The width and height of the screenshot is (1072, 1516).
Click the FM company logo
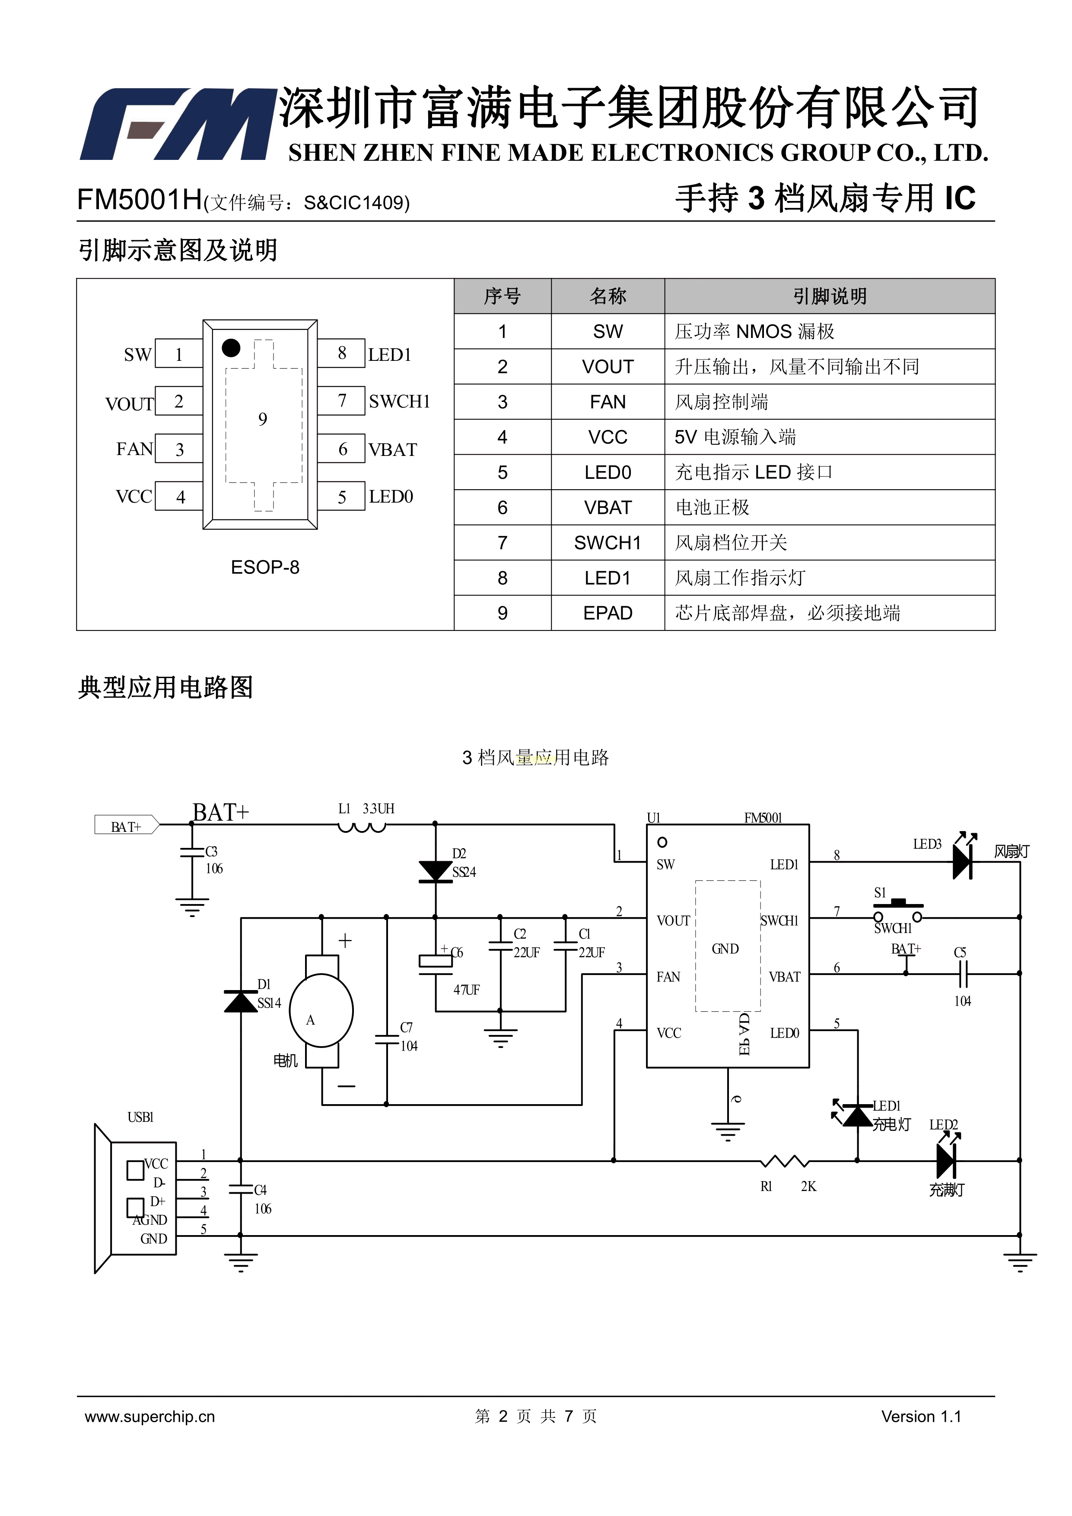[177, 124]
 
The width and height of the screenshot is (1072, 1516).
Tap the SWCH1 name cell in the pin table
[607, 543]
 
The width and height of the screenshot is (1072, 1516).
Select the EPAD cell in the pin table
[607, 613]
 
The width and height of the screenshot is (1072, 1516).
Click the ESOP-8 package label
[265, 567]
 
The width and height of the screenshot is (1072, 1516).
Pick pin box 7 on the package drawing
[341, 401]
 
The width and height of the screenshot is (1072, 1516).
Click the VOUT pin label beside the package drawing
[129, 404]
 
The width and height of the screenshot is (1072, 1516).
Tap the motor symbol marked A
[321, 1010]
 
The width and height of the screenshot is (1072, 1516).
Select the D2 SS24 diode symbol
[435, 871]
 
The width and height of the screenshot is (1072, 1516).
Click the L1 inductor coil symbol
[361, 827]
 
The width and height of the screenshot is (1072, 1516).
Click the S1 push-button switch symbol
[898, 911]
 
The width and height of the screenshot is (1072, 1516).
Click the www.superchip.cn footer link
[150, 1416]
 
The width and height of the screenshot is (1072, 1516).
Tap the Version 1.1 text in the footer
[921, 1416]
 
